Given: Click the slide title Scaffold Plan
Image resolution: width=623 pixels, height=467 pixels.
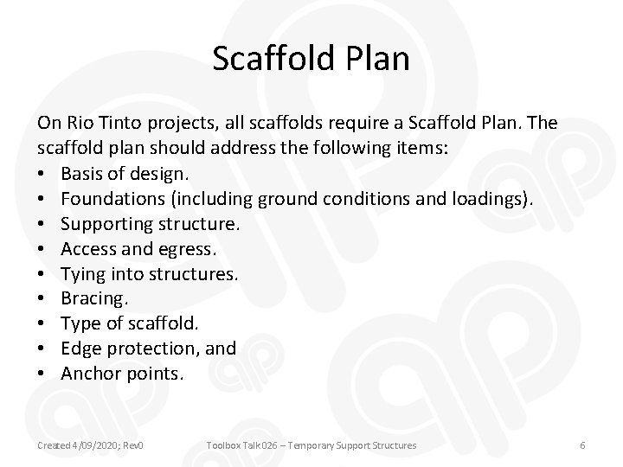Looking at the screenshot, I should point(311,60).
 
